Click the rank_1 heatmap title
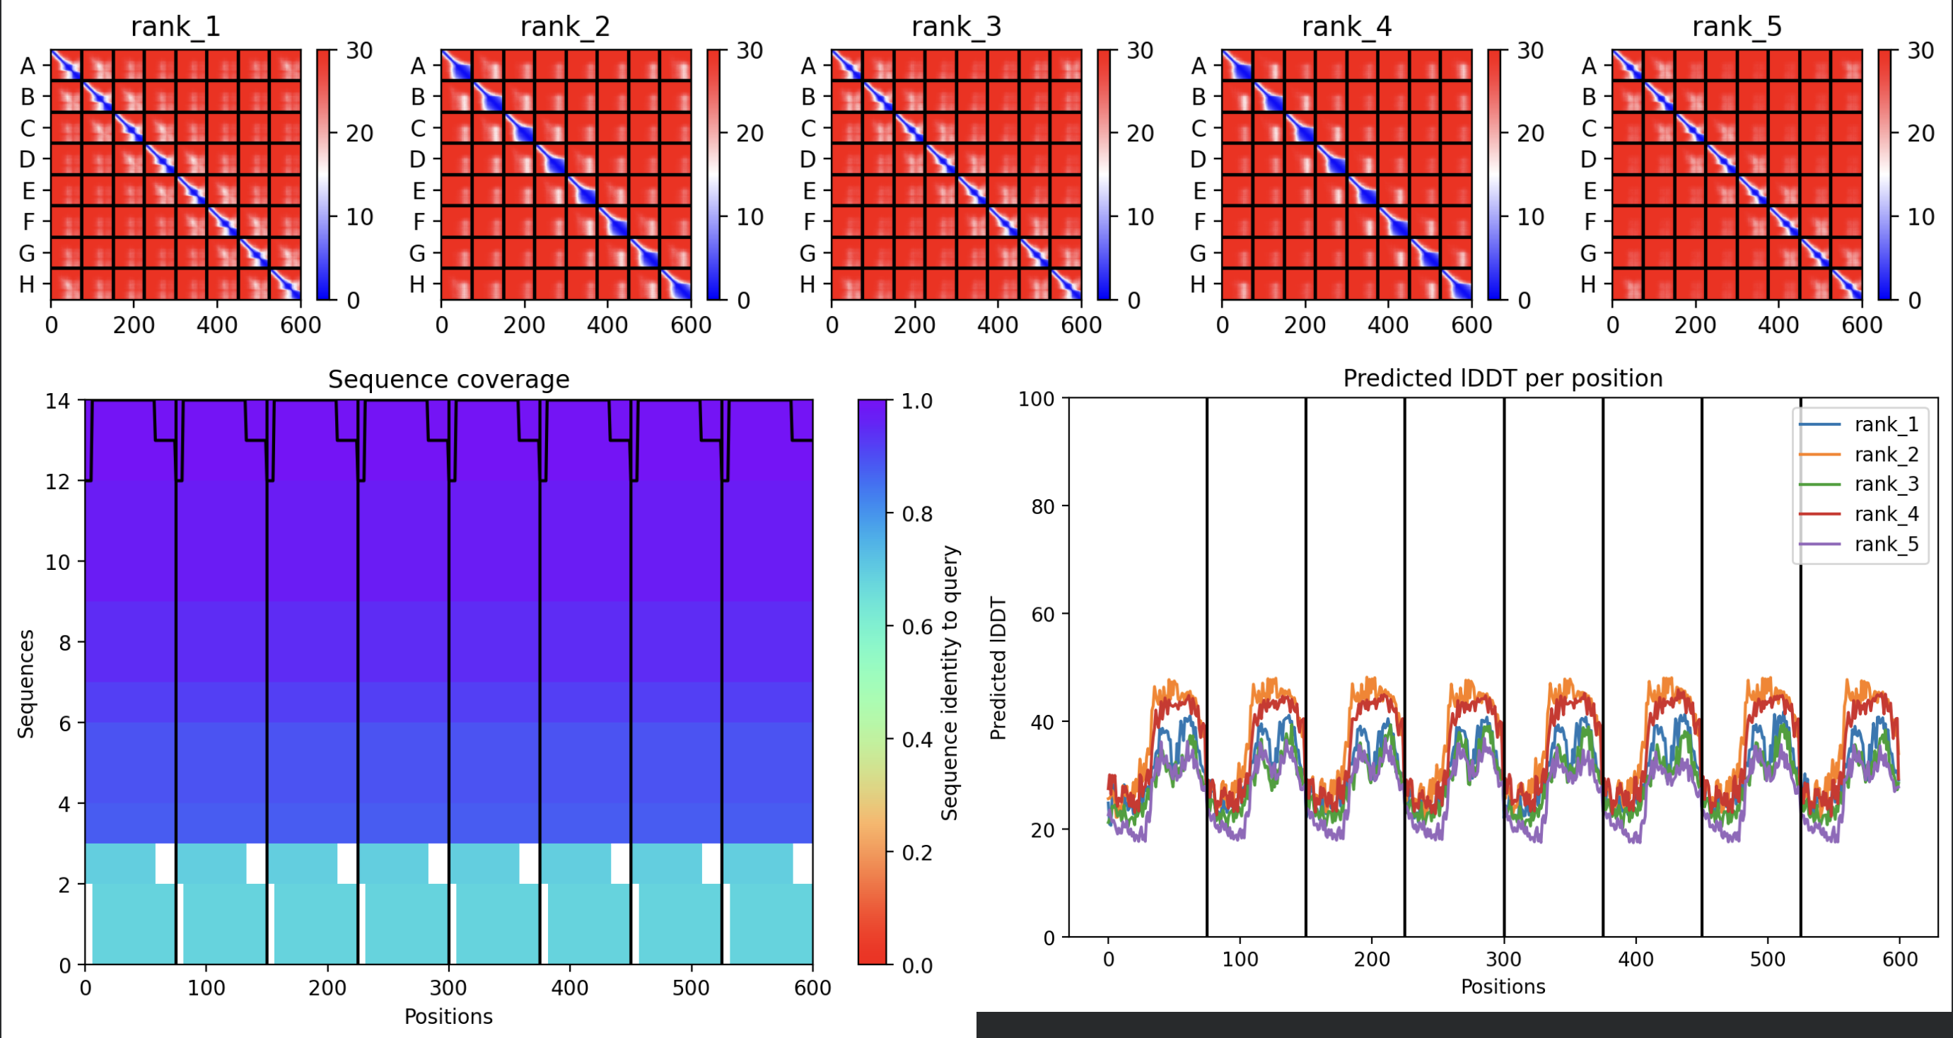[175, 27]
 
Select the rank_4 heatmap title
[1346, 27]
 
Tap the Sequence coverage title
[448, 379]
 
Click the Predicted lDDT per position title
[1503, 378]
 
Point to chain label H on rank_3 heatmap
[808, 284]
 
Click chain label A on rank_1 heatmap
[28, 66]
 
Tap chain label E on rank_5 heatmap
[1589, 190]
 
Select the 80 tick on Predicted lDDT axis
[1043, 506]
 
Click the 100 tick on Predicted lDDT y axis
[1037, 399]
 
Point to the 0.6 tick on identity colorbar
[916, 627]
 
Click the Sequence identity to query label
[949, 682]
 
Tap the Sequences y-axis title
[25, 683]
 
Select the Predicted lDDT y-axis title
[998, 667]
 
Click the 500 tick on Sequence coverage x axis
[691, 988]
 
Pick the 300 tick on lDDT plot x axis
[1503, 959]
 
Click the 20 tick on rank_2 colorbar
[750, 134]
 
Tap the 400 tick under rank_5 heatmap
[1778, 325]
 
